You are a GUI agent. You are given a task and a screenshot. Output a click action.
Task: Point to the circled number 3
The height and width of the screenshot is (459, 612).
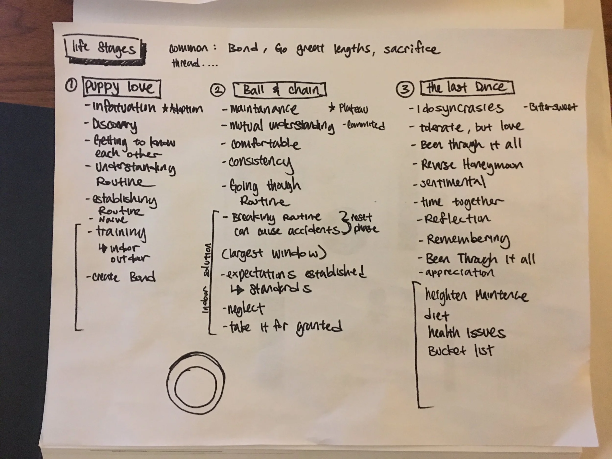tap(405, 89)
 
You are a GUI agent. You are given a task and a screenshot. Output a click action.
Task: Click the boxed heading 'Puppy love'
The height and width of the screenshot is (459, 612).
tap(122, 88)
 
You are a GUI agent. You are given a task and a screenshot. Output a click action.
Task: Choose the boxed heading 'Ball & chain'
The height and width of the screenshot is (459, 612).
tap(280, 90)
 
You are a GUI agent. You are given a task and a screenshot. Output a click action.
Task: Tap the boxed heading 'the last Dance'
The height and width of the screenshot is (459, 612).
tap(467, 88)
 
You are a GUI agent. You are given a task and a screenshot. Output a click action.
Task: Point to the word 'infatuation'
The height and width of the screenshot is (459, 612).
tap(124, 108)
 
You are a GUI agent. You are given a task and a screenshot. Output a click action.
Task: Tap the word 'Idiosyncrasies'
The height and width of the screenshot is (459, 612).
tap(459, 108)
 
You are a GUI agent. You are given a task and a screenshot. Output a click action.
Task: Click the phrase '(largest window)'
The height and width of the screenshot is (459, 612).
tap(274, 253)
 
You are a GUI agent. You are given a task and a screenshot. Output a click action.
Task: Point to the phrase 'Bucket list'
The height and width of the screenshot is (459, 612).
tap(461, 351)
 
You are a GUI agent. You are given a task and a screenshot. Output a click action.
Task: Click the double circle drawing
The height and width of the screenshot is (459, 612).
tap(196, 383)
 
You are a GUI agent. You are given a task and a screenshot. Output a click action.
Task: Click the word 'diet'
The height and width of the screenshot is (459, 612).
tap(436, 315)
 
